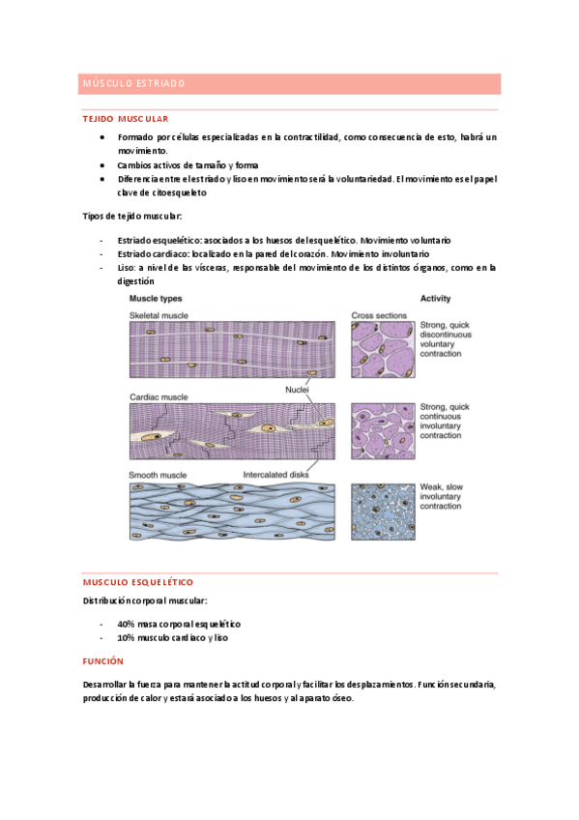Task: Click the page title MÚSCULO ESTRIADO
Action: click(133, 84)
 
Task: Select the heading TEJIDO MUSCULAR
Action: click(126, 118)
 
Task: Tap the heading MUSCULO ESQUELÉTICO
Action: click(138, 582)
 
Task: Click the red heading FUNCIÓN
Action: click(103, 660)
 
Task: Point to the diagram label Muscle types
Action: click(156, 299)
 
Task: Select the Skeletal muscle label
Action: click(159, 315)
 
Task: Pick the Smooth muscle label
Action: click(158, 474)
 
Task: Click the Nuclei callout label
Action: click(297, 390)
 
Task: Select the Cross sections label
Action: click(378, 315)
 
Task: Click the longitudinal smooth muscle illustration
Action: click(234, 510)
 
